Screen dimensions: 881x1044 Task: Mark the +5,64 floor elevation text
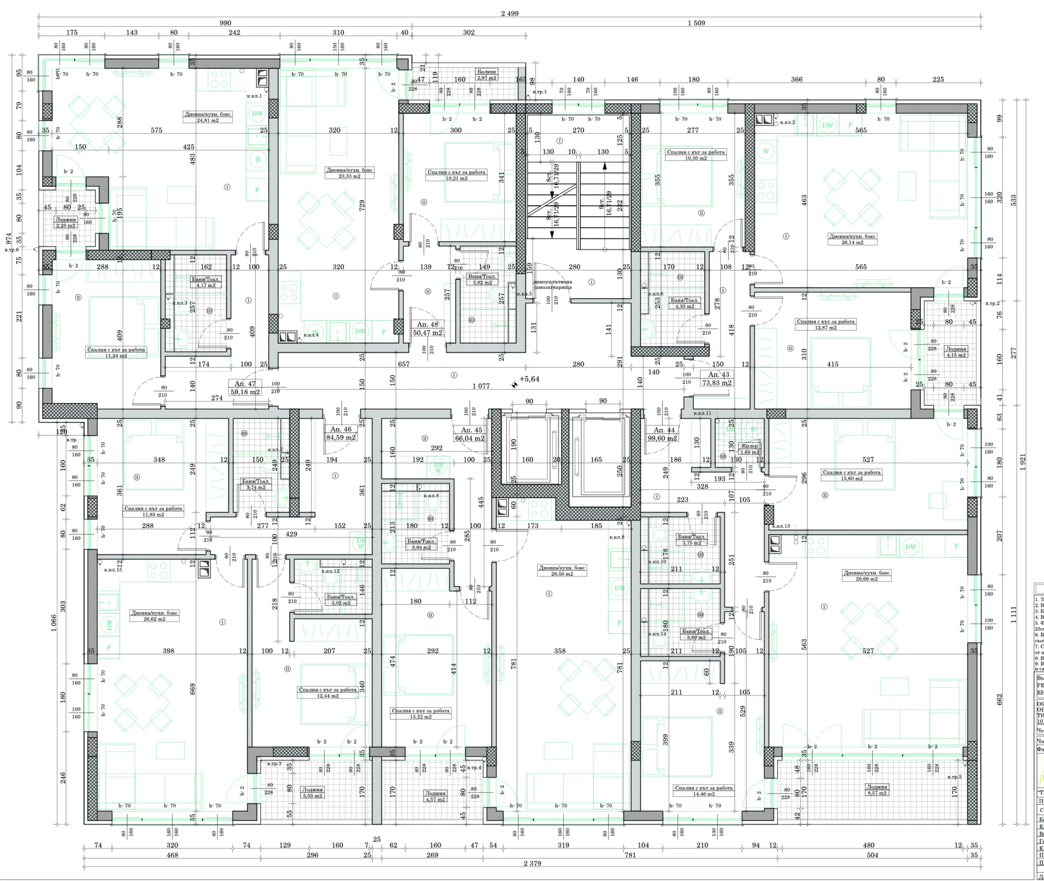529,379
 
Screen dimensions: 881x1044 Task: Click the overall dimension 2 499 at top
509,13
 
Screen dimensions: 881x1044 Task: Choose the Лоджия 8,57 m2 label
877,790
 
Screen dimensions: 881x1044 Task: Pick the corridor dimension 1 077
481,386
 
